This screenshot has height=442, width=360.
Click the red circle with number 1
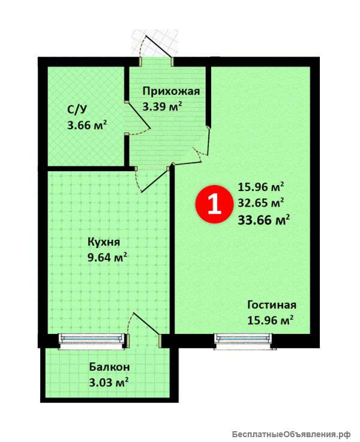(x=215, y=204)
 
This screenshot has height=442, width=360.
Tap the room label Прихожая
(x=171, y=91)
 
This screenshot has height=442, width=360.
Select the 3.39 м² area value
(x=162, y=107)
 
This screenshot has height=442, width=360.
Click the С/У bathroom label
(x=77, y=109)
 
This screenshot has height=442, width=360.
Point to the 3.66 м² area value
(x=87, y=125)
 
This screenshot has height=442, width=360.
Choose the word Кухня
(x=104, y=242)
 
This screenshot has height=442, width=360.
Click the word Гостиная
(x=272, y=305)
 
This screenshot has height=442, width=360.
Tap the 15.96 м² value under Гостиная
(x=271, y=320)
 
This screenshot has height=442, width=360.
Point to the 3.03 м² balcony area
(x=109, y=383)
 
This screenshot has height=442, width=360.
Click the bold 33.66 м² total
(x=263, y=220)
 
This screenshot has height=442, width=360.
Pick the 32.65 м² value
(x=261, y=202)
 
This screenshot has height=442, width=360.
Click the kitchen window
(x=92, y=341)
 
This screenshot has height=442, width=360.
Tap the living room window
(x=244, y=341)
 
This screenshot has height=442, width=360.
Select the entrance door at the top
(x=158, y=46)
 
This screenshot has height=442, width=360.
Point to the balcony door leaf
(x=146, y=324)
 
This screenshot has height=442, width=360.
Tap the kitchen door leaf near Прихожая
(x=155, y=180)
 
